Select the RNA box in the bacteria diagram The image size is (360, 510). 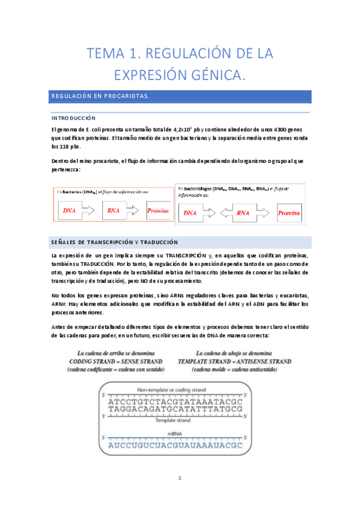click(114, 211)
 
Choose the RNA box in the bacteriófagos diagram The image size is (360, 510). click(242, 213)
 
